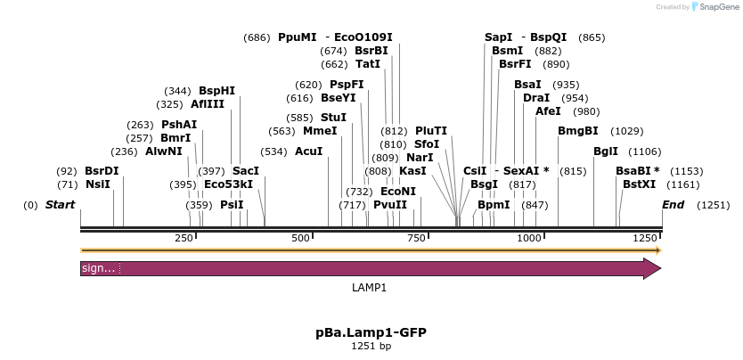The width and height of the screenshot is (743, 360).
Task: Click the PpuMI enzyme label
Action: point(297,37)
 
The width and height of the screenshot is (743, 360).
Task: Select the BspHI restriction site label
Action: point(216,91)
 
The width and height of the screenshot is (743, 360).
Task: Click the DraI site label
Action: point(536,98)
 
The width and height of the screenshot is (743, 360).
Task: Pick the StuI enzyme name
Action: point(333,118)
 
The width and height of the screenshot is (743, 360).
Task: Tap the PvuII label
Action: point(389,205)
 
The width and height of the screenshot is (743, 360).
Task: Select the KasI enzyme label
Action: point(412,171)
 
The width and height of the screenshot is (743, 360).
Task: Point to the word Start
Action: point(60,205)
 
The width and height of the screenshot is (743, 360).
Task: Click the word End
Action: point(673,205)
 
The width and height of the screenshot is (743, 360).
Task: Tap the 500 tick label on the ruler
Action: point(300,238)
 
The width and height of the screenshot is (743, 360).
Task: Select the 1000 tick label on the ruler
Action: point(529,238)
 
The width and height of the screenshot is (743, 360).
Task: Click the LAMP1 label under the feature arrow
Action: point(370,288)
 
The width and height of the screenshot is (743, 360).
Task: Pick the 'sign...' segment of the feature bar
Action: point(99,268)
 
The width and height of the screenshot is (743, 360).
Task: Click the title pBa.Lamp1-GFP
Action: point(371,332)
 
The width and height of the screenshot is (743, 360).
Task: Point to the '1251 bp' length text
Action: point(371,346)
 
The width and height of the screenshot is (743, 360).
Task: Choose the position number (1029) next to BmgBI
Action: point(627,131)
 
